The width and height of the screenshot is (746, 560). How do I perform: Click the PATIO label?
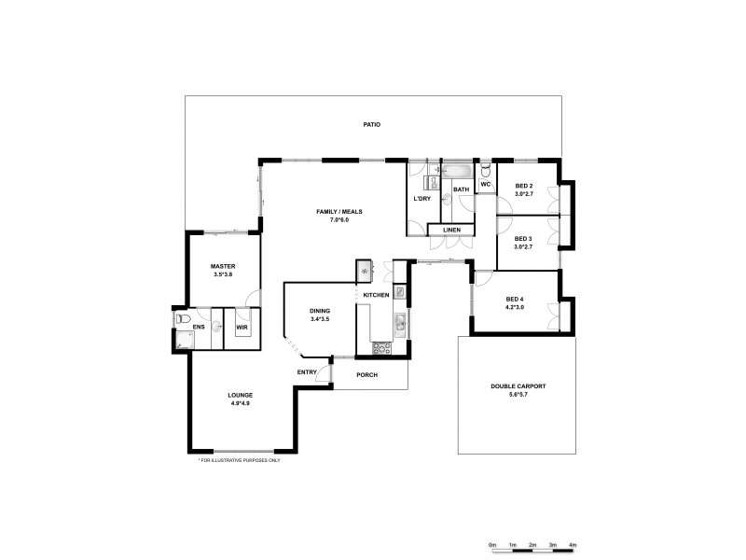[372, 124]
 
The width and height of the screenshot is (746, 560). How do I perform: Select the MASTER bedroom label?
[222, 266]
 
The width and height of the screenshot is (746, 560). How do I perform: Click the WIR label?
[242, 328]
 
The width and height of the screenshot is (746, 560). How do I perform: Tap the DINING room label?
[321, 312]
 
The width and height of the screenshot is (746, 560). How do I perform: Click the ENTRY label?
[307, 372]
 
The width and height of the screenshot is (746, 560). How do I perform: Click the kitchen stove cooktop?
[381, 349]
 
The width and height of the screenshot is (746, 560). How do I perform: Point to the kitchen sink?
[399, 324]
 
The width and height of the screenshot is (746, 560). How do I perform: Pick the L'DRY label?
[421, 200]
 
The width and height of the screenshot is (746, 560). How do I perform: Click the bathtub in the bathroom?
[458, 172]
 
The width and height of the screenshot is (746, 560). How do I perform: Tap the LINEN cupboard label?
[450, 230]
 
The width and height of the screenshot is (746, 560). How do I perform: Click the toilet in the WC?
[486, 173]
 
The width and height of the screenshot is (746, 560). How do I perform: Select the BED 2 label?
[524, 186]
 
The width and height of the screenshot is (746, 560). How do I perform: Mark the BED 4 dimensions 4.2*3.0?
[515, 306]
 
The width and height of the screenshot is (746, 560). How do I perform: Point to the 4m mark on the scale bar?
[573, 543]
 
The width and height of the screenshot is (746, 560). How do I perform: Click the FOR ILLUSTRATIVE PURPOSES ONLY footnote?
[240, 460]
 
